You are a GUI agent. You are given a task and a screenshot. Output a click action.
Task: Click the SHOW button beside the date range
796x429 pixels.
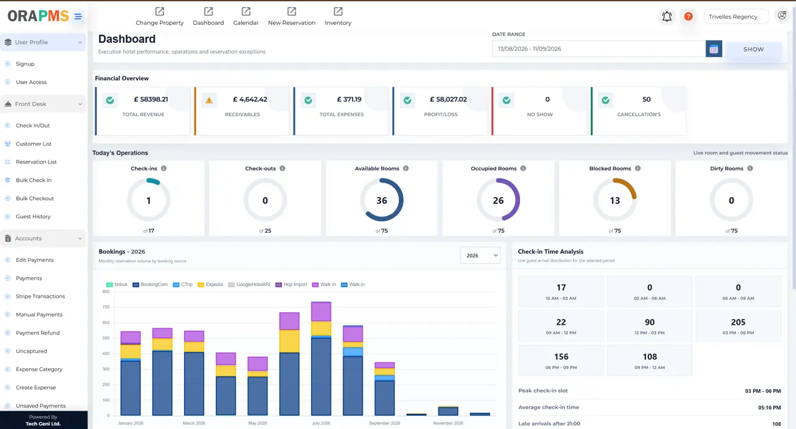[x=753, y=49]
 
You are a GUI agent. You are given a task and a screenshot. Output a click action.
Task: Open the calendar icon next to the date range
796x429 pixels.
[x=713, y=49]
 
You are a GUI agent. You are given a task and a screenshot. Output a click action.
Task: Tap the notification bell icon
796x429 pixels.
[x=667, y=16]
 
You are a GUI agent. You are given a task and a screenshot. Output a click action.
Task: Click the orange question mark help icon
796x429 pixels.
[x=688, y=16]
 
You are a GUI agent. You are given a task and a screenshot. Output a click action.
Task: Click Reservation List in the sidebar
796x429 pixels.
[x=36, y=162]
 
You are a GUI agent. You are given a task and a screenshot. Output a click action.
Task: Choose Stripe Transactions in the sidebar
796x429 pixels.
[x=40, y=296]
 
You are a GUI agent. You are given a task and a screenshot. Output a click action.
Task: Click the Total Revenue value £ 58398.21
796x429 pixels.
[x=150, y=99]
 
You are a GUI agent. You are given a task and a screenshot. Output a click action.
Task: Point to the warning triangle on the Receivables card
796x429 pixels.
[x=209, y=100]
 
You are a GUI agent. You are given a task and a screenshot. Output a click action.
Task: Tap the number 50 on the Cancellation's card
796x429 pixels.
[x=646, y=99]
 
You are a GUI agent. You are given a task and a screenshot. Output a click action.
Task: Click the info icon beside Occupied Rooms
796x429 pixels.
[x=523, y=168]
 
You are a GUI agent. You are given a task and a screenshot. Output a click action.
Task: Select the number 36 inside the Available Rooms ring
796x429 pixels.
[x=382, y=201]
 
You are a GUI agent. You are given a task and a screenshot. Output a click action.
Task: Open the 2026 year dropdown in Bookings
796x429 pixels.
[x=480, y=256]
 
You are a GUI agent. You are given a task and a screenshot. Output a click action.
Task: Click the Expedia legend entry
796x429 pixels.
[x=210, y=285]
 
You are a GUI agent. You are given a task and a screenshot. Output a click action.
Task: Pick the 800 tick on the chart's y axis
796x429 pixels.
[x=106, y=292]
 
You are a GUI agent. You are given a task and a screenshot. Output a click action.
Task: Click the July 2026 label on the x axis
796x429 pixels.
[x=321, y=423]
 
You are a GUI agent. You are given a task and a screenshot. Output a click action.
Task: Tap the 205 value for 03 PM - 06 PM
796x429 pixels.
[x=738, y=322]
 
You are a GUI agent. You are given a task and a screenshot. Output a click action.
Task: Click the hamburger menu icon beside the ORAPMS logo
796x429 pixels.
[x=78, y=16]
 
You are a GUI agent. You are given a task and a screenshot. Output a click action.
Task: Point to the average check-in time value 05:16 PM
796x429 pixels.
[x=769, y=408]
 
